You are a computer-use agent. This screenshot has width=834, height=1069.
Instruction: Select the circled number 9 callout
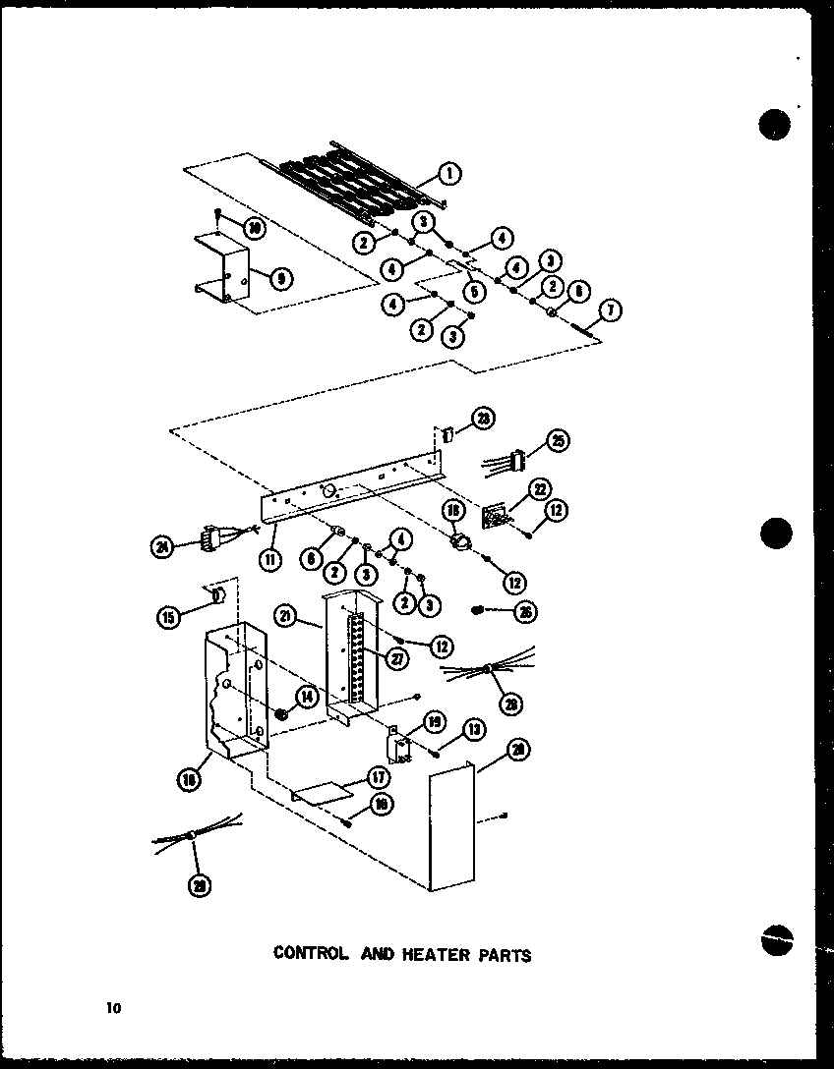click(x=281, y=278)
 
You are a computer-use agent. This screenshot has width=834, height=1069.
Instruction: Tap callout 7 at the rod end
click(x=609, y=311)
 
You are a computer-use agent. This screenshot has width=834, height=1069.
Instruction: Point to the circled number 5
click(x=476, y=290)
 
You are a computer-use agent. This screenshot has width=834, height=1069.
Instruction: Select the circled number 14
click(x=306, y=697)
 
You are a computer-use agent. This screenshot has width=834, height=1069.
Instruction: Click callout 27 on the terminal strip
click(x=397, y=659)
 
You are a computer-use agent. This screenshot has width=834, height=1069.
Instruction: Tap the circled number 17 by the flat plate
click(x=377, y=775)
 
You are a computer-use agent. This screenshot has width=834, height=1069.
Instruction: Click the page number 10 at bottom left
click(x=115, y=1006)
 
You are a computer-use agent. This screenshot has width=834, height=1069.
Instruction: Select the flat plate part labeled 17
click(x=322, y=791)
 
